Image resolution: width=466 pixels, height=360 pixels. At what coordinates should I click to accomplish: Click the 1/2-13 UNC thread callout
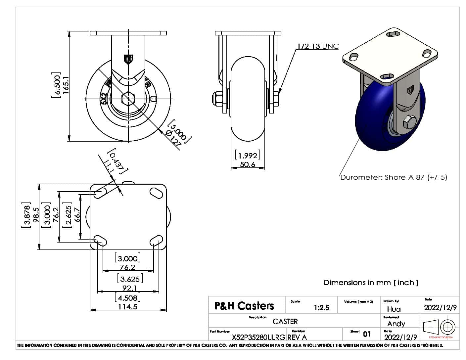[318, 46]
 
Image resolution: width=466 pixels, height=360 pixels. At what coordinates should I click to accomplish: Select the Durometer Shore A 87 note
[394, 177]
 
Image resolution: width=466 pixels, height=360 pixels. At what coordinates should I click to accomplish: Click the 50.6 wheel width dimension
[248, 164]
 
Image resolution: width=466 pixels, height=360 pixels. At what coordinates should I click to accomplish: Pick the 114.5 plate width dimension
[128, 307]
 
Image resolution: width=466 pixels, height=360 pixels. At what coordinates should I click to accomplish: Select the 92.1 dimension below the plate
[128, 288]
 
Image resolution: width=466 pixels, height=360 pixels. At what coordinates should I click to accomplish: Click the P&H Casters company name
[244, 306]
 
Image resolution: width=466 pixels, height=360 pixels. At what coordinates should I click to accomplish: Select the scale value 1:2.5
[321, 308]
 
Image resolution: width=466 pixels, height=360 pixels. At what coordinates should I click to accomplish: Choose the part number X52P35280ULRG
[258, 337]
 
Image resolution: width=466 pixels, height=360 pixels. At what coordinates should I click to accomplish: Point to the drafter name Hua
[394, 309]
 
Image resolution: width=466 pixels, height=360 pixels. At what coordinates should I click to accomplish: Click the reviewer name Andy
[396, 324]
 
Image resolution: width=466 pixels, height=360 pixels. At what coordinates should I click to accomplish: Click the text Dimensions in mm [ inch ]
[371, 283]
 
